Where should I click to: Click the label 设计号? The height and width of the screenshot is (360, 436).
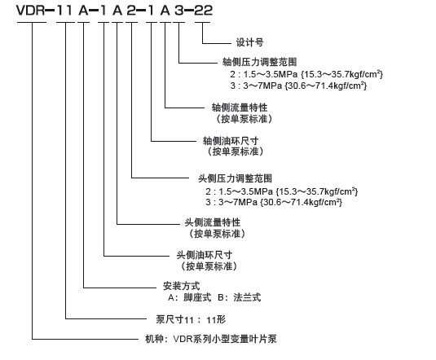pos(249,42)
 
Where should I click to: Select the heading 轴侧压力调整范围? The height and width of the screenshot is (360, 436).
pos(259,62)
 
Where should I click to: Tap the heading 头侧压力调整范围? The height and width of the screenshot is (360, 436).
pos(235,178)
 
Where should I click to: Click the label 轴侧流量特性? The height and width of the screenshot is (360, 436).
pos(240,108)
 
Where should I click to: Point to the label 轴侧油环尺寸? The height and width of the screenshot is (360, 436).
pos(231,141)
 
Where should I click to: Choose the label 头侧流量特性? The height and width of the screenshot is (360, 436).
pos(213,222)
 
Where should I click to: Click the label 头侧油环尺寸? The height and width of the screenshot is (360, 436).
pos(205,255)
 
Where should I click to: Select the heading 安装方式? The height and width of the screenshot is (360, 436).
pos(181,286)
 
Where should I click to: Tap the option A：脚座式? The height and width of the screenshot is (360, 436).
pos(189,297)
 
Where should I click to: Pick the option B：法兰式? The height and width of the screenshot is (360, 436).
pos(240,297)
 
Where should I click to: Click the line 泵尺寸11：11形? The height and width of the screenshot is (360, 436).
pos(191,320)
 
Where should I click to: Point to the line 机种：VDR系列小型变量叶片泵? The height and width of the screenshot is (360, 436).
pos(211,339)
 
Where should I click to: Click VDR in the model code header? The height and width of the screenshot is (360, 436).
pos(31,11)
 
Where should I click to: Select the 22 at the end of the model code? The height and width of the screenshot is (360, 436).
pos(203,11)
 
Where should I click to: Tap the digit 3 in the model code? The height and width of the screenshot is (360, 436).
pos(179,11)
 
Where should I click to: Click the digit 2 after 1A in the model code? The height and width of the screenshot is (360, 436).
pos(131,11)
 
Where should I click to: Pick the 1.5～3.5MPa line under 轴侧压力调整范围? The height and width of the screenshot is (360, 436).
pos(306,74)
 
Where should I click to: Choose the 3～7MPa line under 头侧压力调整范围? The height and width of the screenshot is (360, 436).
pos(274,202)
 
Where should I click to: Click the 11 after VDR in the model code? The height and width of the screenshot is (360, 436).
pos(64,11)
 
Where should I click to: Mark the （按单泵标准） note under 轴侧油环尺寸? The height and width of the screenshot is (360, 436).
pos(236,151)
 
